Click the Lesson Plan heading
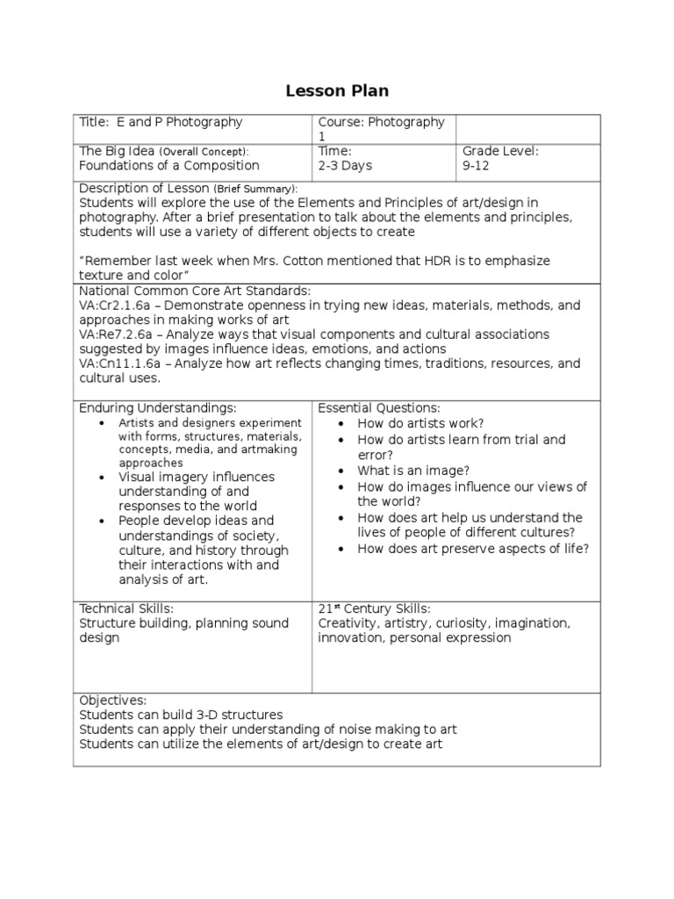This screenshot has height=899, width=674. [x=337, y=90]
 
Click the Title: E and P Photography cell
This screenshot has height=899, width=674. [x=161, y=123]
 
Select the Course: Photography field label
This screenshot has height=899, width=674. [x=381, y=123]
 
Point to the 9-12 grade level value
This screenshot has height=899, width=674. [x=476, y=165]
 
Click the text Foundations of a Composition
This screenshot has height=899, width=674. [x=169, y=165]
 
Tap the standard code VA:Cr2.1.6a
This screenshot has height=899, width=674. [x=116, y=306]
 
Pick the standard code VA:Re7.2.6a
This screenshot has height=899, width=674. [x=117, y=334]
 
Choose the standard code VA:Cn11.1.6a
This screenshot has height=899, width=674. [x=120, y=363]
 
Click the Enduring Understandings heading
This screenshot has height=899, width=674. [x=158, y=408]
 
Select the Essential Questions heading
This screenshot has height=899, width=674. [x=379, y=408]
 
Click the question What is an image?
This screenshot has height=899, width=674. [x=412, y=471]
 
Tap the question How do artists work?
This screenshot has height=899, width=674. [x=420, y=423]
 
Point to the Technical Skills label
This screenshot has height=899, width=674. [x=126, y=608]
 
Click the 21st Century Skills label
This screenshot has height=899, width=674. [x=374, y=608]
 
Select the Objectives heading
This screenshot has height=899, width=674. [x=113, y=701]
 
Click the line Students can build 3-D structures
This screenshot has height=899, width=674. [x=181, y=716]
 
